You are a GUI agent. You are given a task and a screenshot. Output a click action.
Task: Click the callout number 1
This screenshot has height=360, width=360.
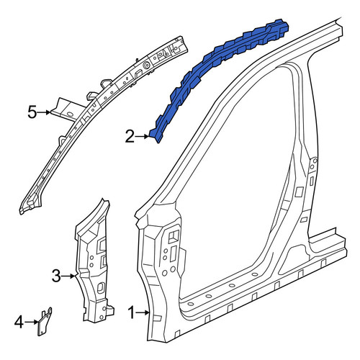(x=131, y=312)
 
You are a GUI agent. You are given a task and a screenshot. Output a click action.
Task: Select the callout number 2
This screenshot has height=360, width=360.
(x=130, y=137)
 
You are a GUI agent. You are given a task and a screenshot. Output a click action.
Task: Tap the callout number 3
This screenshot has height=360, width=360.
(x=56, y=276)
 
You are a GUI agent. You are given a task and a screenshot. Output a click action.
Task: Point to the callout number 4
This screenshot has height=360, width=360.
(x=19, y=322)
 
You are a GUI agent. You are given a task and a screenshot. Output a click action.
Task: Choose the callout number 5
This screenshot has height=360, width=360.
(x=32, y=112)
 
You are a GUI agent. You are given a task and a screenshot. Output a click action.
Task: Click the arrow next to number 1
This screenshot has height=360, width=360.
(x=143, y=312)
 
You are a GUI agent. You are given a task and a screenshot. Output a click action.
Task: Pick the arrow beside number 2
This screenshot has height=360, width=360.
(x=143, y=137)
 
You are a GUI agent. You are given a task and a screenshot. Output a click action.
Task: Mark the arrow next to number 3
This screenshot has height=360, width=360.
(x=69, y=276)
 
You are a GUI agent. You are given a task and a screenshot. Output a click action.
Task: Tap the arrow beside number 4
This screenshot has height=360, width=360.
(x=32, y=322)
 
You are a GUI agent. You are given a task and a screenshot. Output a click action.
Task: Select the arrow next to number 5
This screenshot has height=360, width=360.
(x=44, y=112)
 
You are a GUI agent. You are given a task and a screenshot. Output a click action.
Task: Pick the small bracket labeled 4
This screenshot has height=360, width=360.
(x=45, y=322)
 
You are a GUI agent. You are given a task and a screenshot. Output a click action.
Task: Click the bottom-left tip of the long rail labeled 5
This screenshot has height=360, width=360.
(x=21, y=213)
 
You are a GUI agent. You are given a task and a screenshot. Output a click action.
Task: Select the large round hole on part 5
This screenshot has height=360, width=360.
(x=145, y=65)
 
